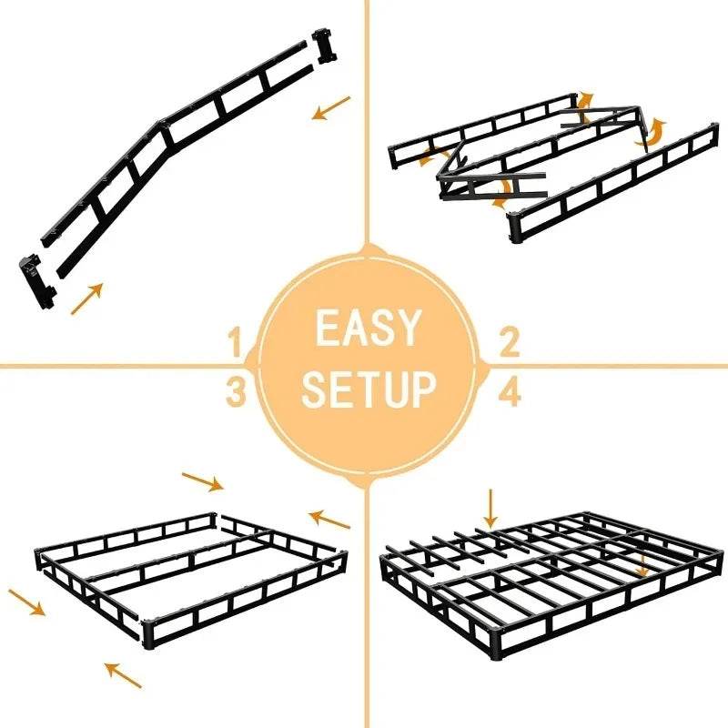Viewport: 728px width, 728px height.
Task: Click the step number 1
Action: tap(237, 345)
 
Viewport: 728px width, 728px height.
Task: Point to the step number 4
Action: tap(510, 392)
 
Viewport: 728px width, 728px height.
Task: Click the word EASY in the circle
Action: tap(369, 329)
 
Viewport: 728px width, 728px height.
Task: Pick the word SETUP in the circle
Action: tap(369, 389)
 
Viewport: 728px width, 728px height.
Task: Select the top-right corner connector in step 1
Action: tap(323, 45)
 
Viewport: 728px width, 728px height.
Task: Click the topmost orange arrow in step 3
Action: tap(203, 480)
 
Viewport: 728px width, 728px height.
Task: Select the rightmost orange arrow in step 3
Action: tap(329, 520)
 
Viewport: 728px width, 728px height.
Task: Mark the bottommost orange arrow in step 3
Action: tap(124, 674)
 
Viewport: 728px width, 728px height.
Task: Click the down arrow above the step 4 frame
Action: tap(491, 507)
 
